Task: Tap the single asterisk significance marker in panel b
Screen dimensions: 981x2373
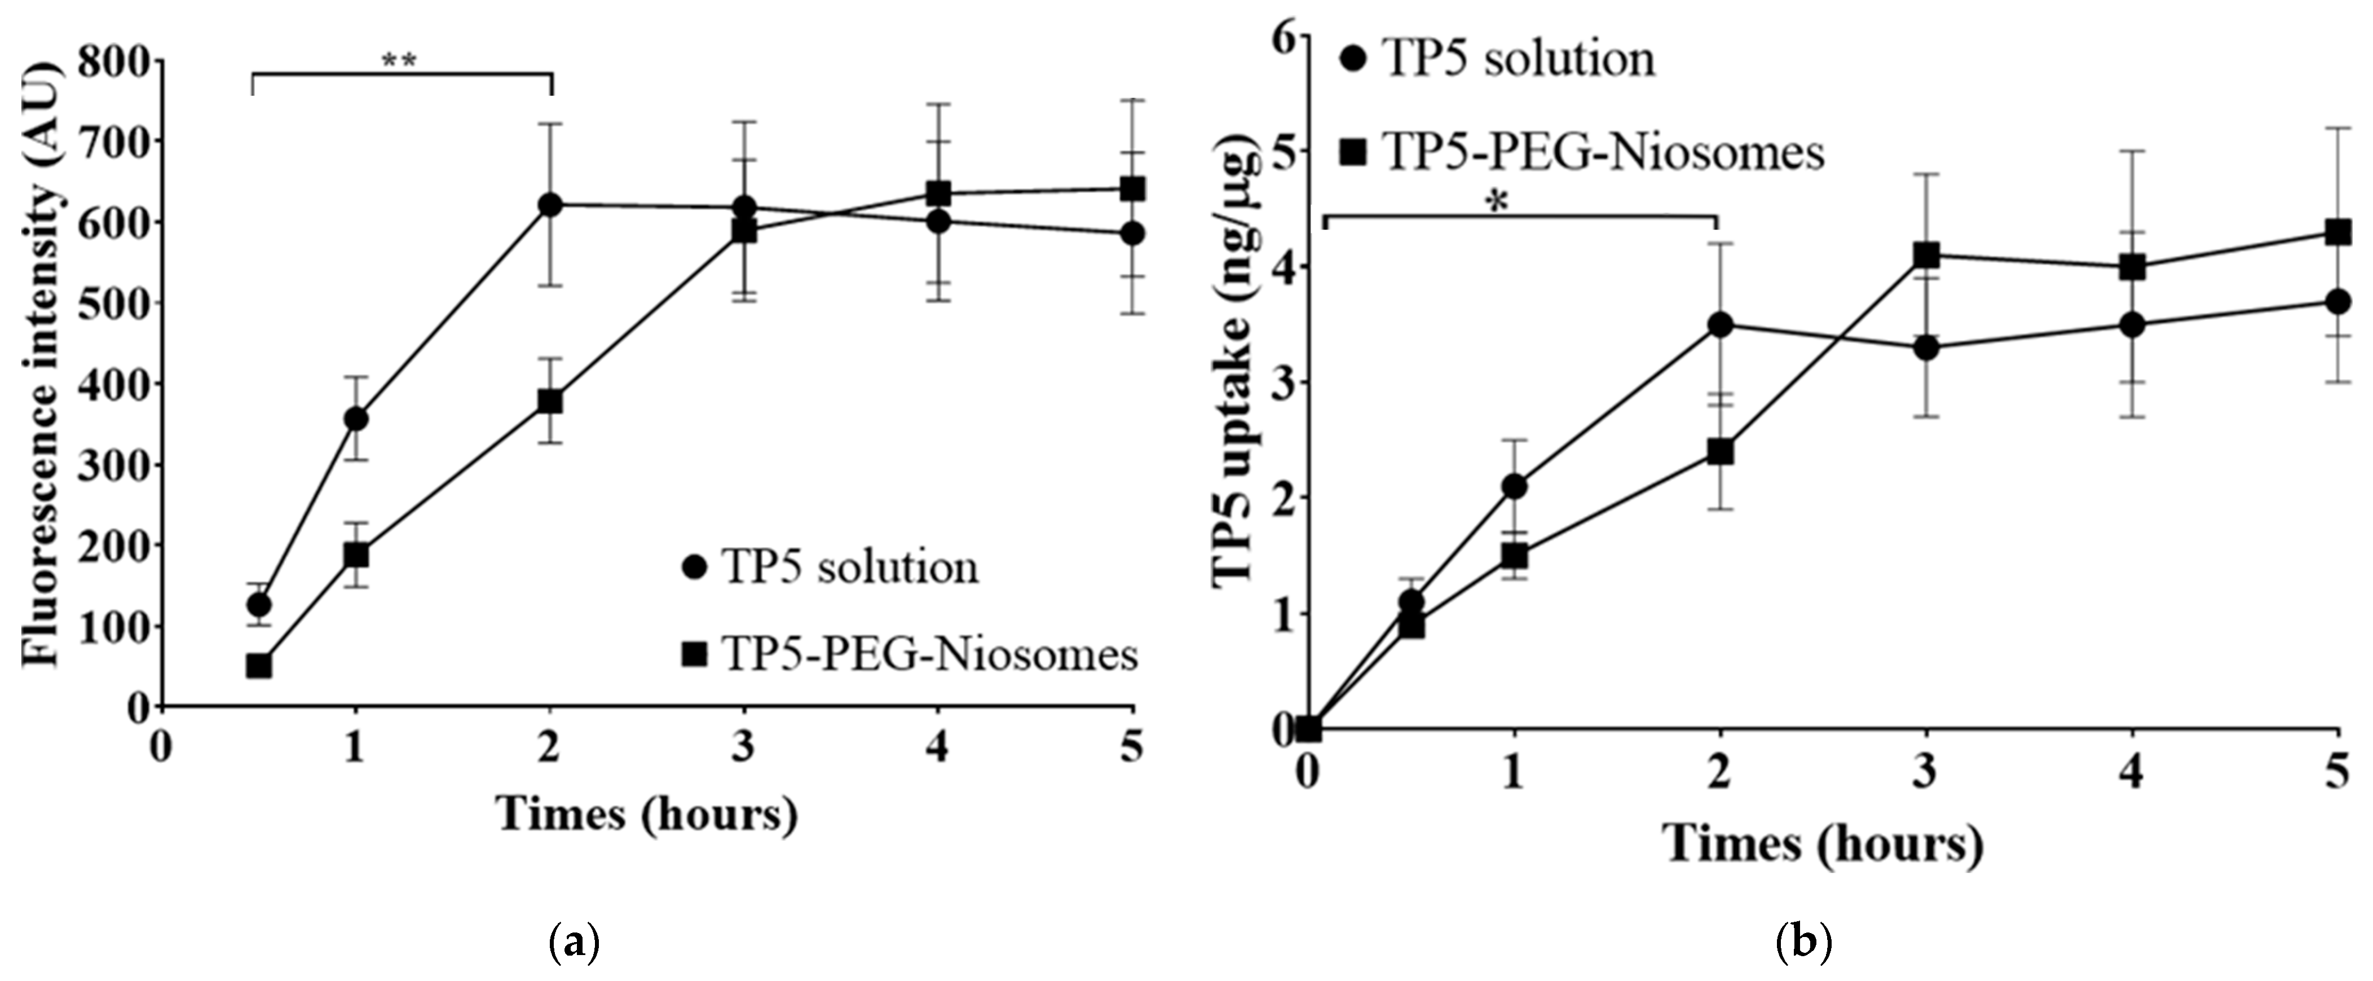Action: click(x=1499, y=203)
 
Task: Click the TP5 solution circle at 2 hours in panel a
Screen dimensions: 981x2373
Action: click(x=550, y=204)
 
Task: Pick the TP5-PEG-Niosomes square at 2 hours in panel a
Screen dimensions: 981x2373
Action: click(x=550, y=402)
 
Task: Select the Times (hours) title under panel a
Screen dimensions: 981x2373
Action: click(x=647, y=814)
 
